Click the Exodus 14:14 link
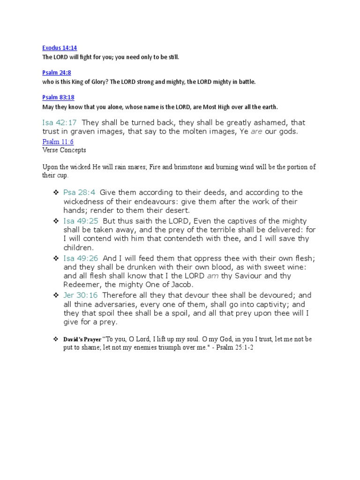(x=60, y=48)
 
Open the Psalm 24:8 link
(x=56, y=73)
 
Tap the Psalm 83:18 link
(x=58, y=97)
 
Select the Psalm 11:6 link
(x=58, y=142)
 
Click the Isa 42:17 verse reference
(x=60, y=122)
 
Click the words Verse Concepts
(x=64, y=150)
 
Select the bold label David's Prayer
(x=82, y=339)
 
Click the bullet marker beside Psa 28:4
(x=55, y=193)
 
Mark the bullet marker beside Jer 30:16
(x=55, y=295)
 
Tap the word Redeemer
(x=82, y=285)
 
